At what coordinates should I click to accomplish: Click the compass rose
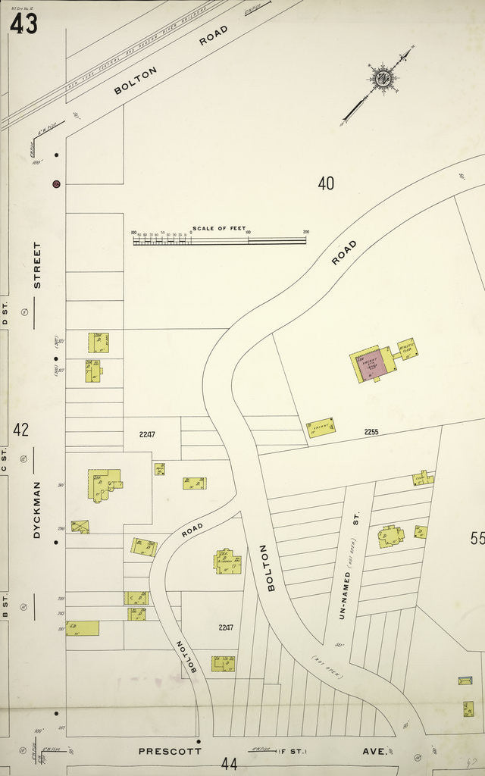(382, 78)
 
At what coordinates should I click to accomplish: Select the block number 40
(326, 183)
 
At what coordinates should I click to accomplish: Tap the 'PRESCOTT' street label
(170, 752)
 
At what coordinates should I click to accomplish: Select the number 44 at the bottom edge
(228, 764)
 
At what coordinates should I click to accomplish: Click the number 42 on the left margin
(20, 430)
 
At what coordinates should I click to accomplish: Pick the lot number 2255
(371, 432)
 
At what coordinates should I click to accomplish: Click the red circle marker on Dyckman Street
(56, 183)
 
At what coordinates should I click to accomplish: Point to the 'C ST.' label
(5, 463)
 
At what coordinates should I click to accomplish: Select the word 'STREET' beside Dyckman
(37, 264)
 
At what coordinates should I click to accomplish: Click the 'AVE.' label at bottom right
(377, 752)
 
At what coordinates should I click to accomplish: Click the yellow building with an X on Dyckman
(80, 526)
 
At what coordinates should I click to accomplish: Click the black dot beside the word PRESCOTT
(199, 741)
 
